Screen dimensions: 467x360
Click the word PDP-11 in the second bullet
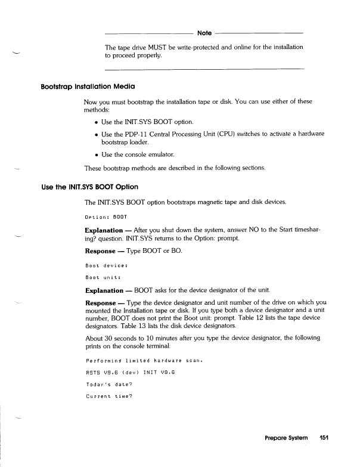tap(142, 134)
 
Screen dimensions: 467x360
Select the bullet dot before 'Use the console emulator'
tap(97, 154)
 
